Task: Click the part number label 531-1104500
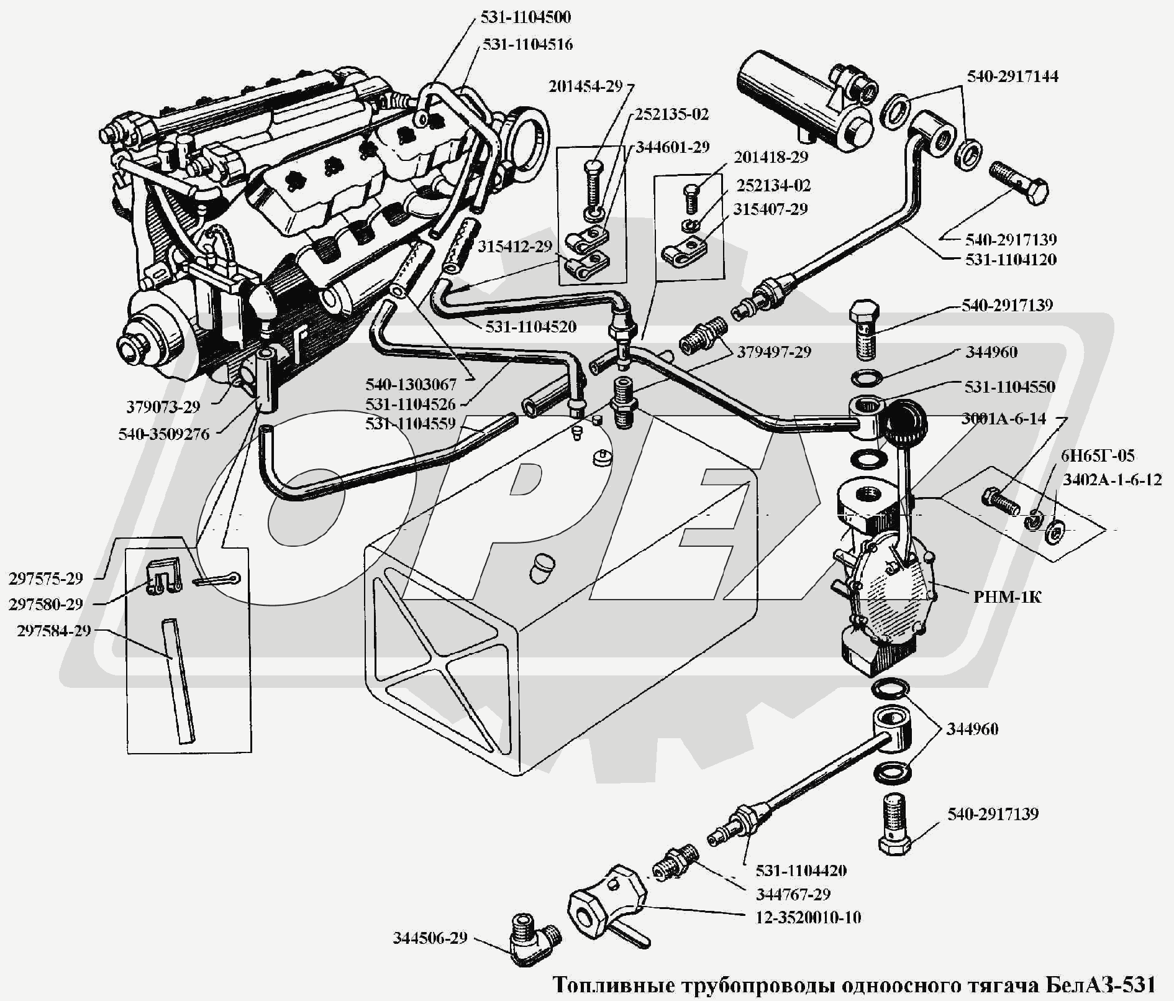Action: [525, 17]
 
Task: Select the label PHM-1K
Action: [1006, 597]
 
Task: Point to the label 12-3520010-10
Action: [808, 917]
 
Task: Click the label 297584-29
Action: [54, 631]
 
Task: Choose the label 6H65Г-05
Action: [1097, 455]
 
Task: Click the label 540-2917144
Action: [1012, 76]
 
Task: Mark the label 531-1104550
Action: [1009, 386]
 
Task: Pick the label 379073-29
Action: [163, 407]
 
